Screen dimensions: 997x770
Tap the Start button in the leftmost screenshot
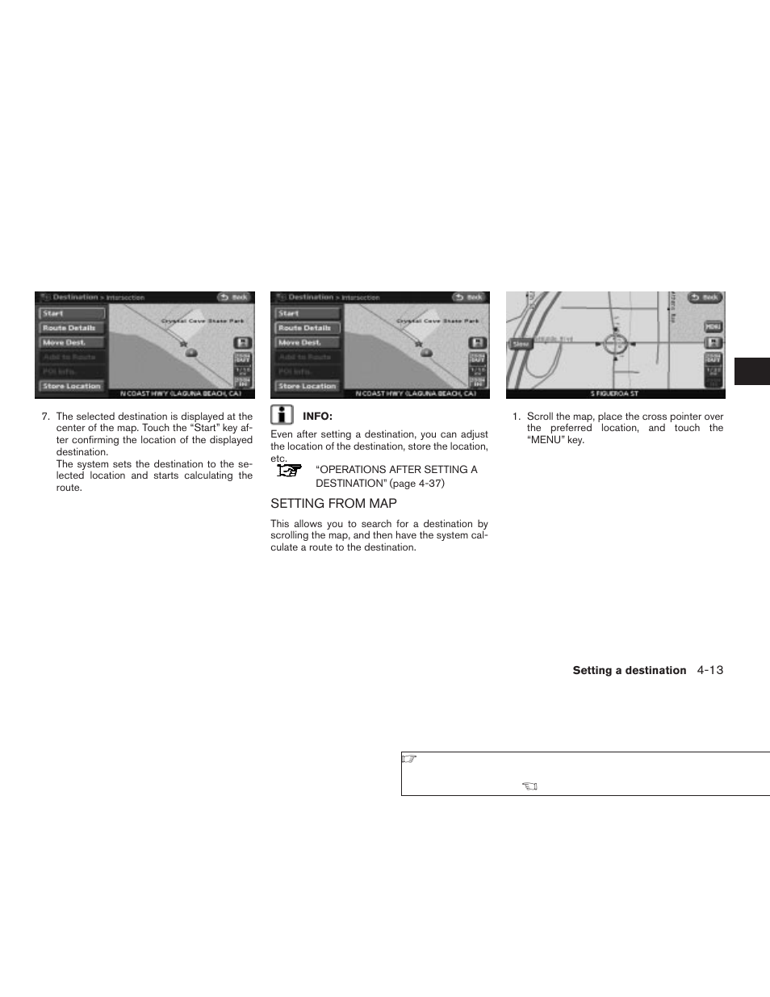[x=72, y=313]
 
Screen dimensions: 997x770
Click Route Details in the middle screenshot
[x=307, y=328]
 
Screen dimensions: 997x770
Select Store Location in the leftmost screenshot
[x=72, y=386]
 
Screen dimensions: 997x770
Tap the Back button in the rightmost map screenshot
[x=705, y=297]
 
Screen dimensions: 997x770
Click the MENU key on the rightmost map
[x=713, y=327]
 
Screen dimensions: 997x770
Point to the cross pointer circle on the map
[x=616, y=344]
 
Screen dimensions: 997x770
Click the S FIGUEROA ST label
[x=615, y=394]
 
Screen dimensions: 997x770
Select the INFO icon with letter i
[x=281, y=416]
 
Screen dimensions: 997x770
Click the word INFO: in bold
[x=317, y=417]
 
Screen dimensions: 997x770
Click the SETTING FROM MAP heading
[x=333, y=503]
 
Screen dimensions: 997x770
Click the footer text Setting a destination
[x=629, y=671]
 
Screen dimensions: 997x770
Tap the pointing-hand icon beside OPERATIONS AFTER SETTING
[x=289, y=470]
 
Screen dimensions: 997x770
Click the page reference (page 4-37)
[x=416, y=484]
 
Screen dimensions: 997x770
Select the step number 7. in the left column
[x=46, y=417]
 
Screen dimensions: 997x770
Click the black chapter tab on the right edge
[x=751, y=372]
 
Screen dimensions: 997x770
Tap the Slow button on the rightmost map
[x=521, y=344]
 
